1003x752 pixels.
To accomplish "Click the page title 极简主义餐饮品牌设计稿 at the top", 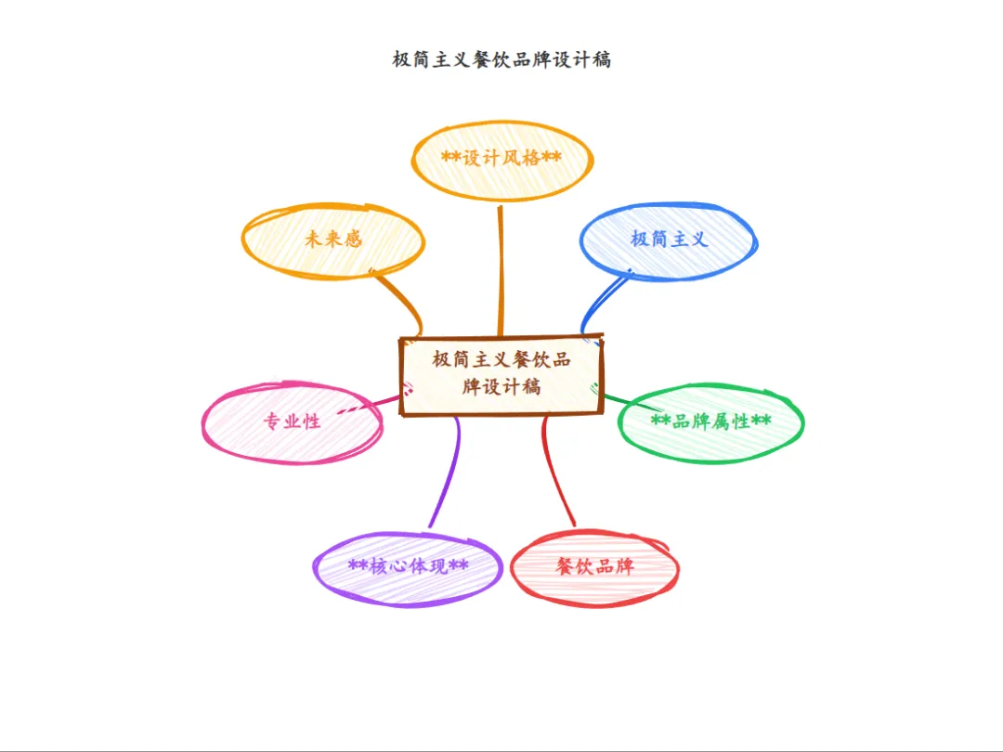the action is pos(501,60).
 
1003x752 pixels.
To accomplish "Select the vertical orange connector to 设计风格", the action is pos(501,269).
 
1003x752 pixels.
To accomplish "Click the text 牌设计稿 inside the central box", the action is pos(501,386).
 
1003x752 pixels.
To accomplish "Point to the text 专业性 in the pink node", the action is pos(292,421).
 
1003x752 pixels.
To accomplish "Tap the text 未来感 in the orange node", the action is pos(332,239).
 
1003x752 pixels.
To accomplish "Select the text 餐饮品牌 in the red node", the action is pos(594,566).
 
